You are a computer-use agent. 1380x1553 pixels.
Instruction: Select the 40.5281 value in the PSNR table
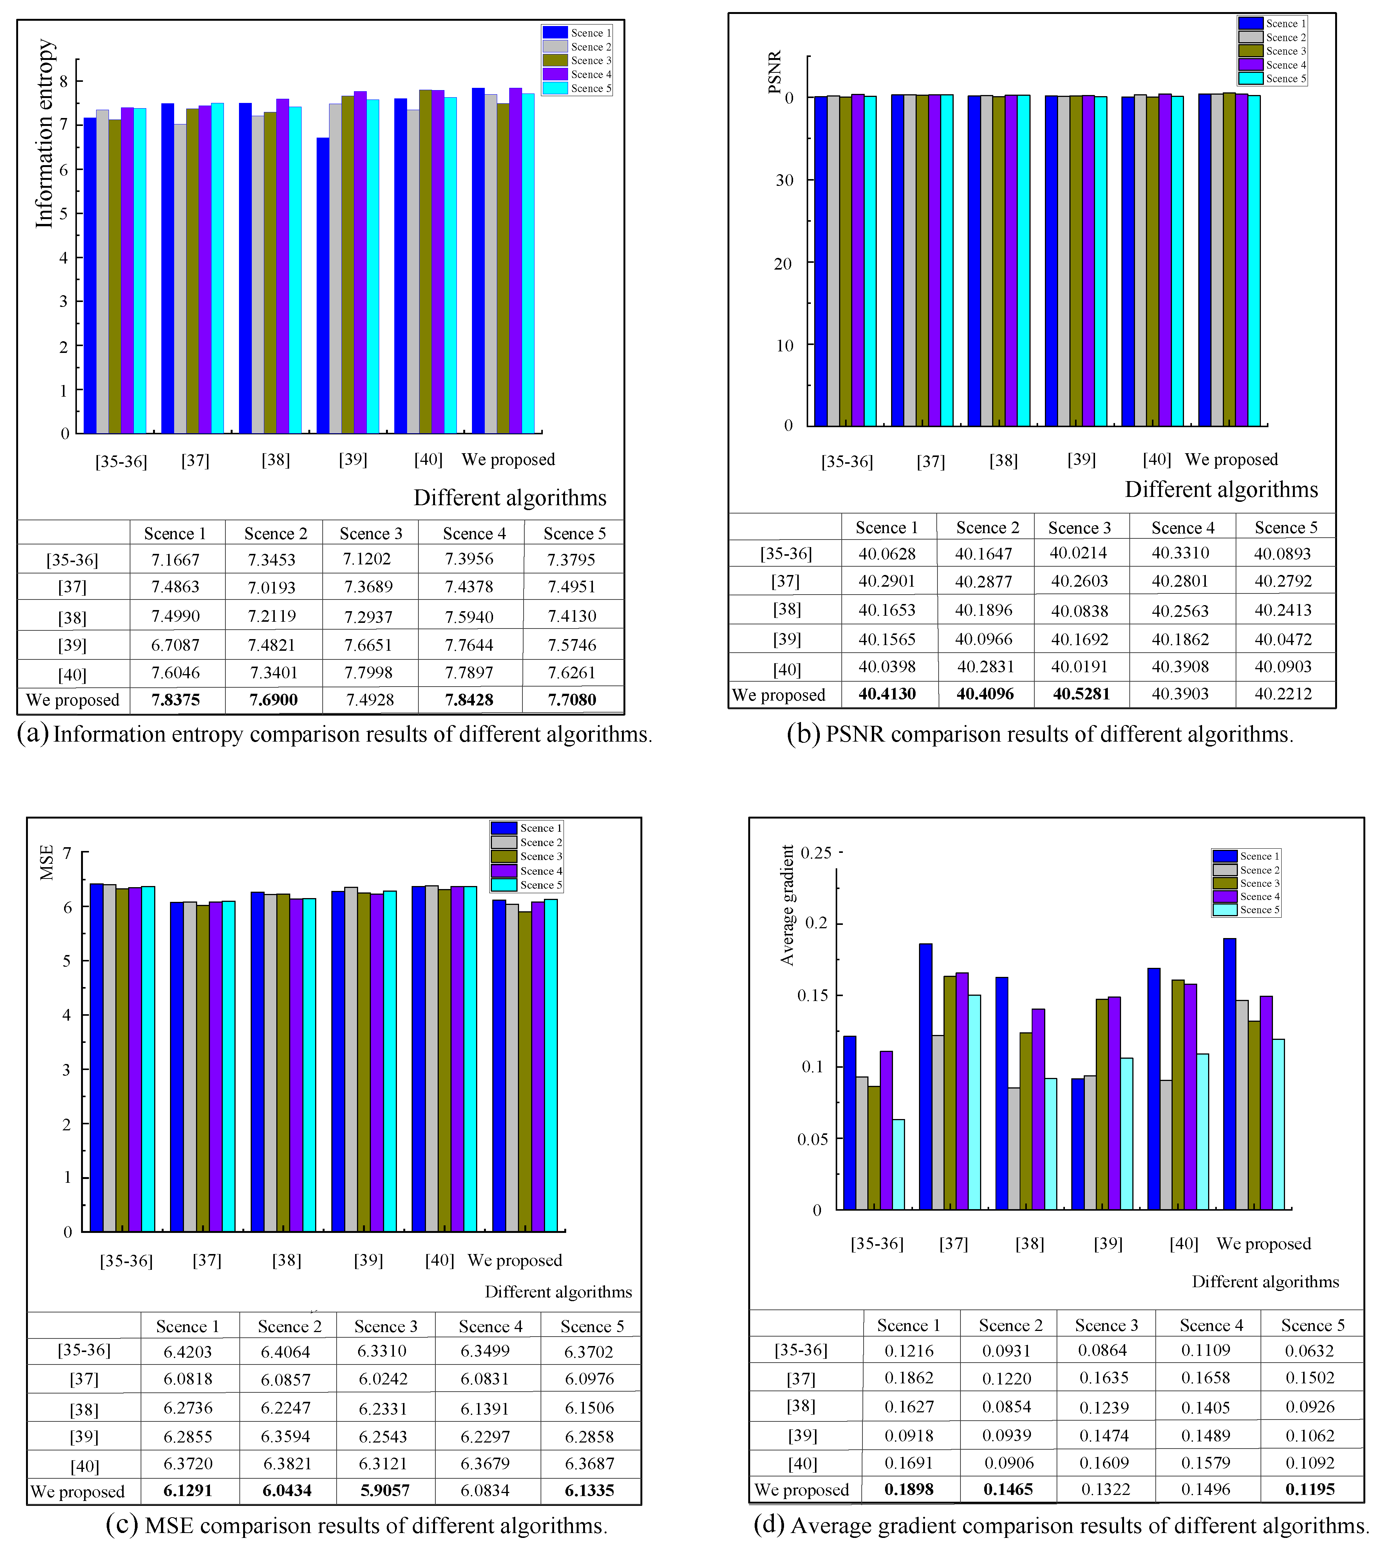click(1081, 694)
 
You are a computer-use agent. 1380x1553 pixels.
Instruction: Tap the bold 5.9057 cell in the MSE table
click(385, 1490)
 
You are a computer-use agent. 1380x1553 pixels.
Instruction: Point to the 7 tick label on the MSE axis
click(67, 853)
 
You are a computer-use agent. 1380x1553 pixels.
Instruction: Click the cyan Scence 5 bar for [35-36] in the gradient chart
click(898, 1165)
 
